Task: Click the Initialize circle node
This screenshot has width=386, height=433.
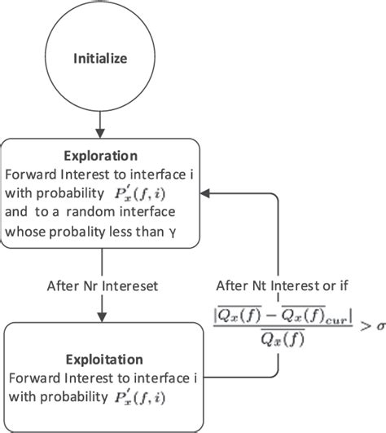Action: click(99, 59)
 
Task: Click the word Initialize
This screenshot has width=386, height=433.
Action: click(99, 59)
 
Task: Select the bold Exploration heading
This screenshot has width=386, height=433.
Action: click(100, 156)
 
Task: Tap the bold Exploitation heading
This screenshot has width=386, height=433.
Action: click(100, 359)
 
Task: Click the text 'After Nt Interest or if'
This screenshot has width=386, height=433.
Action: click(282, 285)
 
